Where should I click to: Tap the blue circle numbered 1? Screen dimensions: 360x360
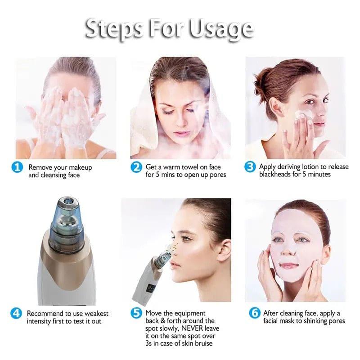17,167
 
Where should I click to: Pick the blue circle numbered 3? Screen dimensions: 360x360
250,167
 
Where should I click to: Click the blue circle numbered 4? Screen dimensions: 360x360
16,313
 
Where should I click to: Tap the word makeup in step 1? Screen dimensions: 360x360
80,167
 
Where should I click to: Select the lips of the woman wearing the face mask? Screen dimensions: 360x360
289,265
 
